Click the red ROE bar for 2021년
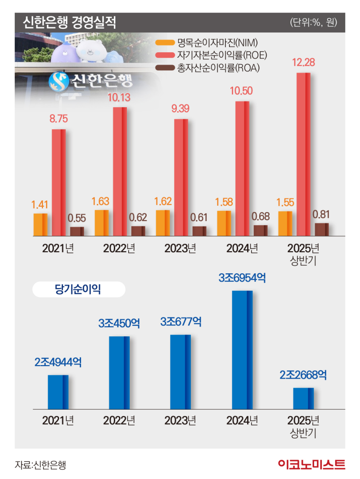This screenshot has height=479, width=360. tap(58, 182)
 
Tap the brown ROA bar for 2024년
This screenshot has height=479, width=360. tap(261, 230)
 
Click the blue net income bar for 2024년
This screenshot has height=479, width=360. tap(242, 349)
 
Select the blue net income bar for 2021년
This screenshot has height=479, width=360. tap(58, 391)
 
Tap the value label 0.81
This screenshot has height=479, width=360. tap(322, 214)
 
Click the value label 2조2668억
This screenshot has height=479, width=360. tap(303, 375)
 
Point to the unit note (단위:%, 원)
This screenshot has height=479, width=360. tap(314, 23)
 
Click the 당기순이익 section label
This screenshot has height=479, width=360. tap(79, 289)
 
